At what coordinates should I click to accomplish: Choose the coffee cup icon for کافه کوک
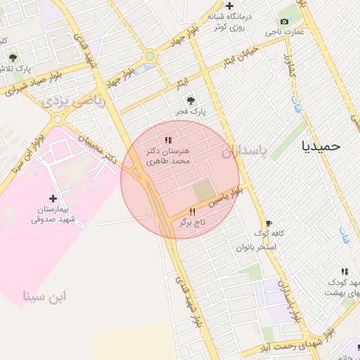[267, 222]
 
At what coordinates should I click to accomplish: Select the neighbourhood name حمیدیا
[320, 146]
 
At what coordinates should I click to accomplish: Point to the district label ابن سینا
[44, 296]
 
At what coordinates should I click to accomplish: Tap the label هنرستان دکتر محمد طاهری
[168, 156]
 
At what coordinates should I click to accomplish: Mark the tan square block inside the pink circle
[203, 190]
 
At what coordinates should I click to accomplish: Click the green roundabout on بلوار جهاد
[150, 57]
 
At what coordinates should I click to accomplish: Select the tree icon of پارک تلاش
[13, 58]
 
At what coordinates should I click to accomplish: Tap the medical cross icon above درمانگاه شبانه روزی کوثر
[229, 6]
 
